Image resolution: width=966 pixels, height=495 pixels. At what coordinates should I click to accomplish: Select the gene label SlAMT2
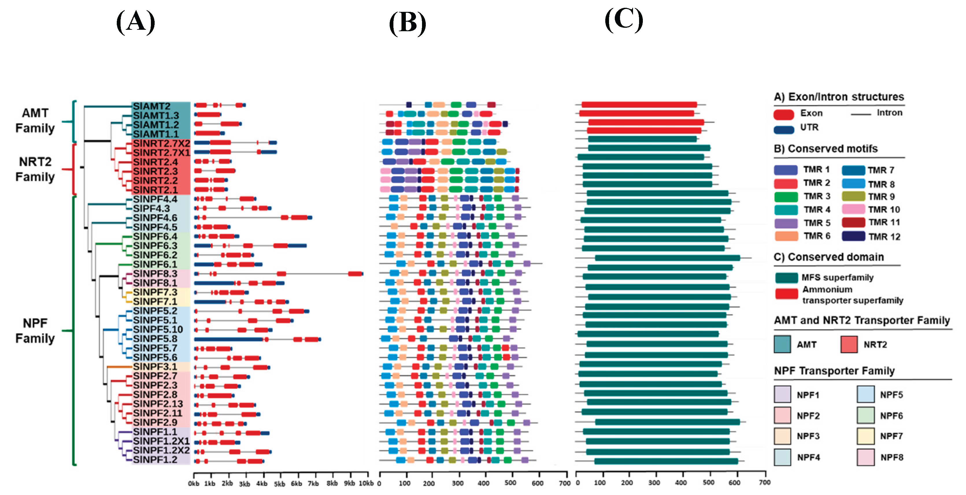151,106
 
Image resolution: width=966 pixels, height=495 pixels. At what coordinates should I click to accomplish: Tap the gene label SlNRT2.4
155,162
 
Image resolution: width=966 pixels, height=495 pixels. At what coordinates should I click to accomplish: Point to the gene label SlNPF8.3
155,273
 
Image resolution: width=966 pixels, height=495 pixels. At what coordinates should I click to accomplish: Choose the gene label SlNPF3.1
155,366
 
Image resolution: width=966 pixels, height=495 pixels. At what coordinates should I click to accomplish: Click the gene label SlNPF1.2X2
161,450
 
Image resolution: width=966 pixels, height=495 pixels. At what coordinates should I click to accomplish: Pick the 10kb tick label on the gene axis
366,483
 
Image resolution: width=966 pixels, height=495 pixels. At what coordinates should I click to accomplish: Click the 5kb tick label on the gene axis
280,484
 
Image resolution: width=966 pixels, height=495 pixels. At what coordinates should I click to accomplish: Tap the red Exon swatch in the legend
784,114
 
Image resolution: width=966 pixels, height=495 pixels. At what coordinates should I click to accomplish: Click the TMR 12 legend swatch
854,236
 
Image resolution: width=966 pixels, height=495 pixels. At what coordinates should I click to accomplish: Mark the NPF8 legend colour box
865,457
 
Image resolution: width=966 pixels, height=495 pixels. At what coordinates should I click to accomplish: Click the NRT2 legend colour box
849,344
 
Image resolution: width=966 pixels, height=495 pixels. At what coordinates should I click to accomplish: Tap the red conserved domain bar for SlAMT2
639,105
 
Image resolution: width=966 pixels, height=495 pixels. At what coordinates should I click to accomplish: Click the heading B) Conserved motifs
826,149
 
